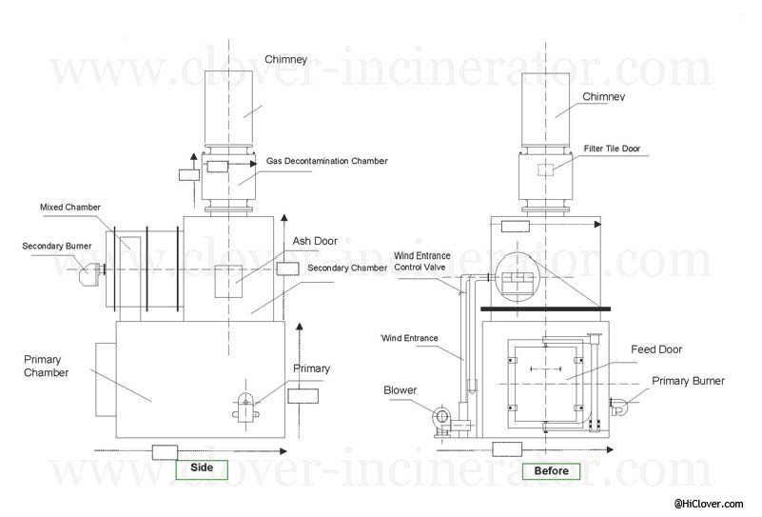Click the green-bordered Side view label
202,469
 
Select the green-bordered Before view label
551,471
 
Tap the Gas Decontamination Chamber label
326,161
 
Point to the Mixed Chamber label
70,208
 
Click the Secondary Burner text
57,246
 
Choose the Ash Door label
315,241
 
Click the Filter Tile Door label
612,149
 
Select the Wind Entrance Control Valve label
421,261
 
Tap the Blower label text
400,390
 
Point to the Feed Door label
656,349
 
